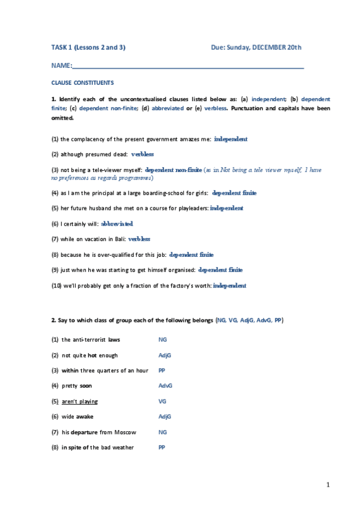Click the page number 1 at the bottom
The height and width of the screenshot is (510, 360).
pyautogui.click(x=328, y=484)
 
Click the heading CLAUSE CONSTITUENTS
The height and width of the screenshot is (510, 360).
pyautogui.click(x=82, y=82)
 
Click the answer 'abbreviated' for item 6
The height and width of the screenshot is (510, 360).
pyautogui.click(x=117, y=223)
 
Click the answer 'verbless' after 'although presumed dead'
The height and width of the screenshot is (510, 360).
pyautogui.click(x=142, y=154)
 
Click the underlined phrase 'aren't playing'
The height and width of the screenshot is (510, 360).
pyautogui.click(x=80, y=401)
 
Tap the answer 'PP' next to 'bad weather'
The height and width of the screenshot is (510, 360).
pyautogui.click(x=162, y=448)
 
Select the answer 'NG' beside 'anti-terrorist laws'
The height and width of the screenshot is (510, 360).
pyautogui.click(x=162, y=340)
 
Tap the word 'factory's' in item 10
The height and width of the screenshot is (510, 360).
pyautogui.click(x=177, y=286)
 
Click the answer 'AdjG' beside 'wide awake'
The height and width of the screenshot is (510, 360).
pyautogui.click(x=165, y=417)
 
